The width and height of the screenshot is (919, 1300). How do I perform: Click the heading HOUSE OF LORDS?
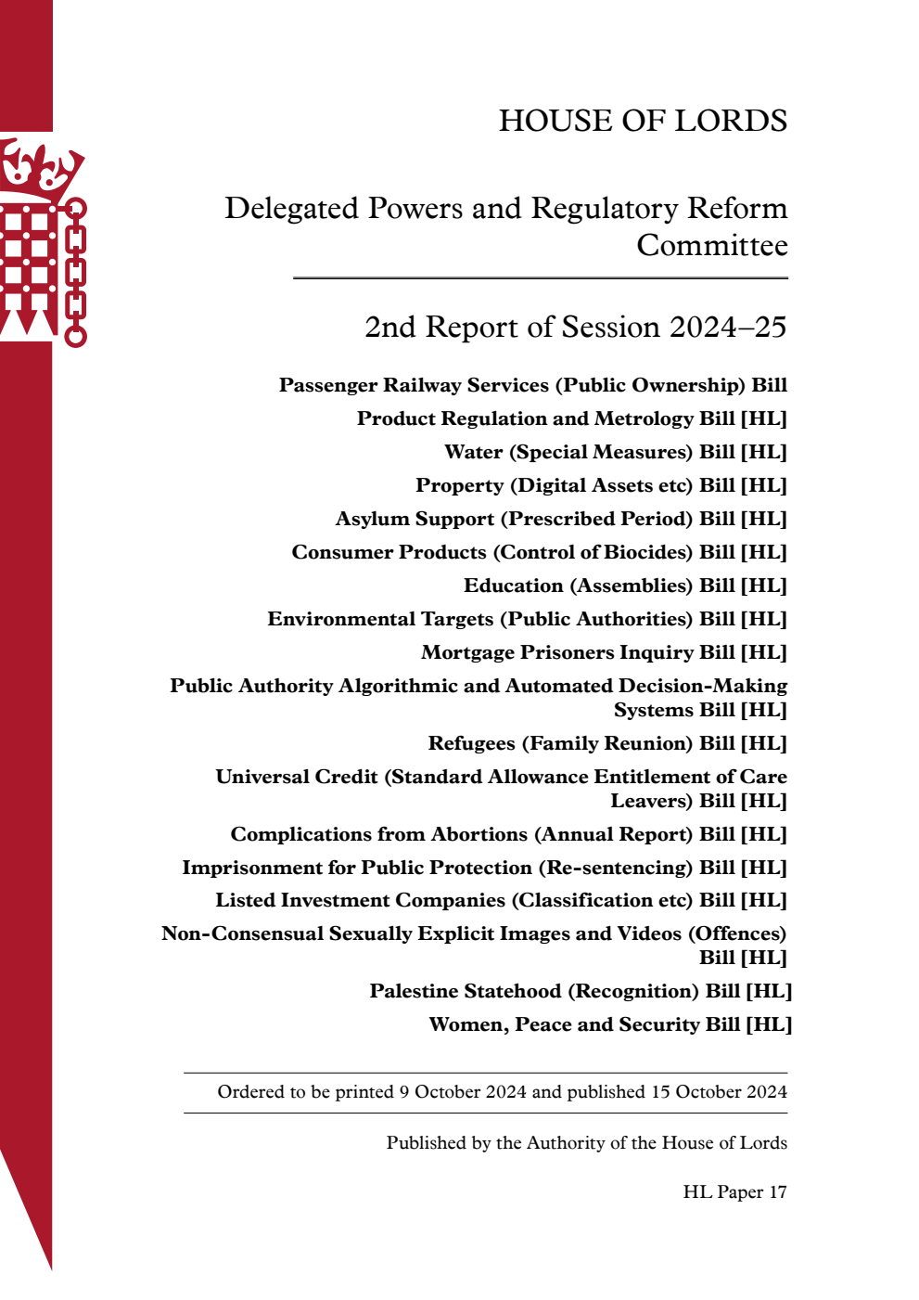(643, 121)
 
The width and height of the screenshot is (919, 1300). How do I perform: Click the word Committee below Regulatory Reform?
(711, 246)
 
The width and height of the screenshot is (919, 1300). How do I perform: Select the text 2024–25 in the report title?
(728, 328)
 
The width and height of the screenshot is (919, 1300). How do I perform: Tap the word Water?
(473, 452)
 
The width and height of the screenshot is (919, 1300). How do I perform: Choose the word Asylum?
(368, 519)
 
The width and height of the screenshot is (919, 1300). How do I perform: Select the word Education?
(513, 586)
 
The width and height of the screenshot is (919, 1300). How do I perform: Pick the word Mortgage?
(467, 652)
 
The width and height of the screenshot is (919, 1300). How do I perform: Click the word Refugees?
(471, 743)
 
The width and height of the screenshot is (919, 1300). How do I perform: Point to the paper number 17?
(777, 1192)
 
